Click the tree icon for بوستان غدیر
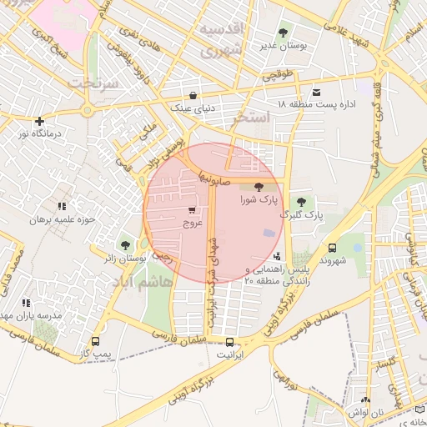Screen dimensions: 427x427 (x=283, y=33)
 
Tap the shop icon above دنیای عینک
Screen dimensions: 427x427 (x=193, y=95)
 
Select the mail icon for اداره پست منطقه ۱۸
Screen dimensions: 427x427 (x=315, y=92)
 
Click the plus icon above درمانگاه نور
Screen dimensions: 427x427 (x=39, y=121)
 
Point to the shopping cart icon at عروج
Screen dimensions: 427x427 (x=193, y=210)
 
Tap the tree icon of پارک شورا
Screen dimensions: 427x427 (x=257, y=188)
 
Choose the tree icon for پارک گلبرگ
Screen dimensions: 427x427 (x=301, y=202)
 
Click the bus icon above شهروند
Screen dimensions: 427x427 (x=333, y=248)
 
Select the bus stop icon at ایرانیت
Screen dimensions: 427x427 (x=229, y=341)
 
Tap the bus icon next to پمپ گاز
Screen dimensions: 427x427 (x=94, y=342)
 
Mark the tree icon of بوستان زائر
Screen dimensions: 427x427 (x=125, y=245)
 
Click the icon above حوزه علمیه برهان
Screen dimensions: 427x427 (x=61, y=206)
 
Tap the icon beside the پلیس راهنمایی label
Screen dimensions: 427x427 (x=277, y=256)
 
